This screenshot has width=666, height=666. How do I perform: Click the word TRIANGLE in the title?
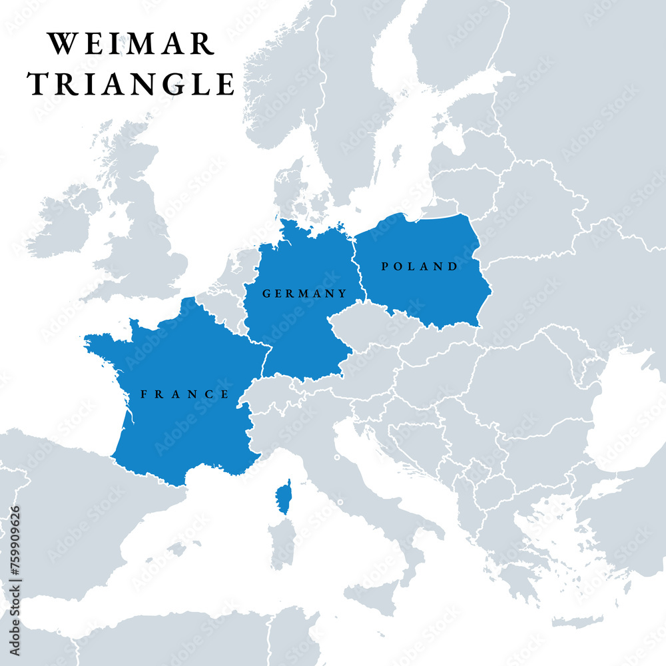pos(131,85)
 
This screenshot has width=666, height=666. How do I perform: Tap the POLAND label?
pos(420,266)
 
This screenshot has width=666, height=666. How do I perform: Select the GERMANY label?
pos(304,293)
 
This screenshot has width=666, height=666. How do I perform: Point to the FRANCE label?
pos(185,394)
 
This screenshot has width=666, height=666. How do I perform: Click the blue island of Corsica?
pos(284,497)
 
